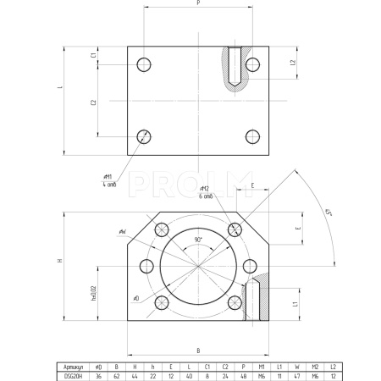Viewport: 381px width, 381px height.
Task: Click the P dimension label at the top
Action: pos(198,3)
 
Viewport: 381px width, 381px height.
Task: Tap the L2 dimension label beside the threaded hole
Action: pos(291,63)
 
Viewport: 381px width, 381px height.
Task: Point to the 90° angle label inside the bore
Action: pos(198,240)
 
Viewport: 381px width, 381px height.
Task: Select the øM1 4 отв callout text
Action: pos(108,180)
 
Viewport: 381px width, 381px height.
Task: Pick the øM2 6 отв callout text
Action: pos(204,191)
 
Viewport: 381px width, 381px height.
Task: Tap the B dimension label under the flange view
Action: pos(198,348)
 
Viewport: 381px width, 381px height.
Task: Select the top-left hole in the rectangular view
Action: pos(144,63)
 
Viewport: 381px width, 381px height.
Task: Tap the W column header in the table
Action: pos(296,366)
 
